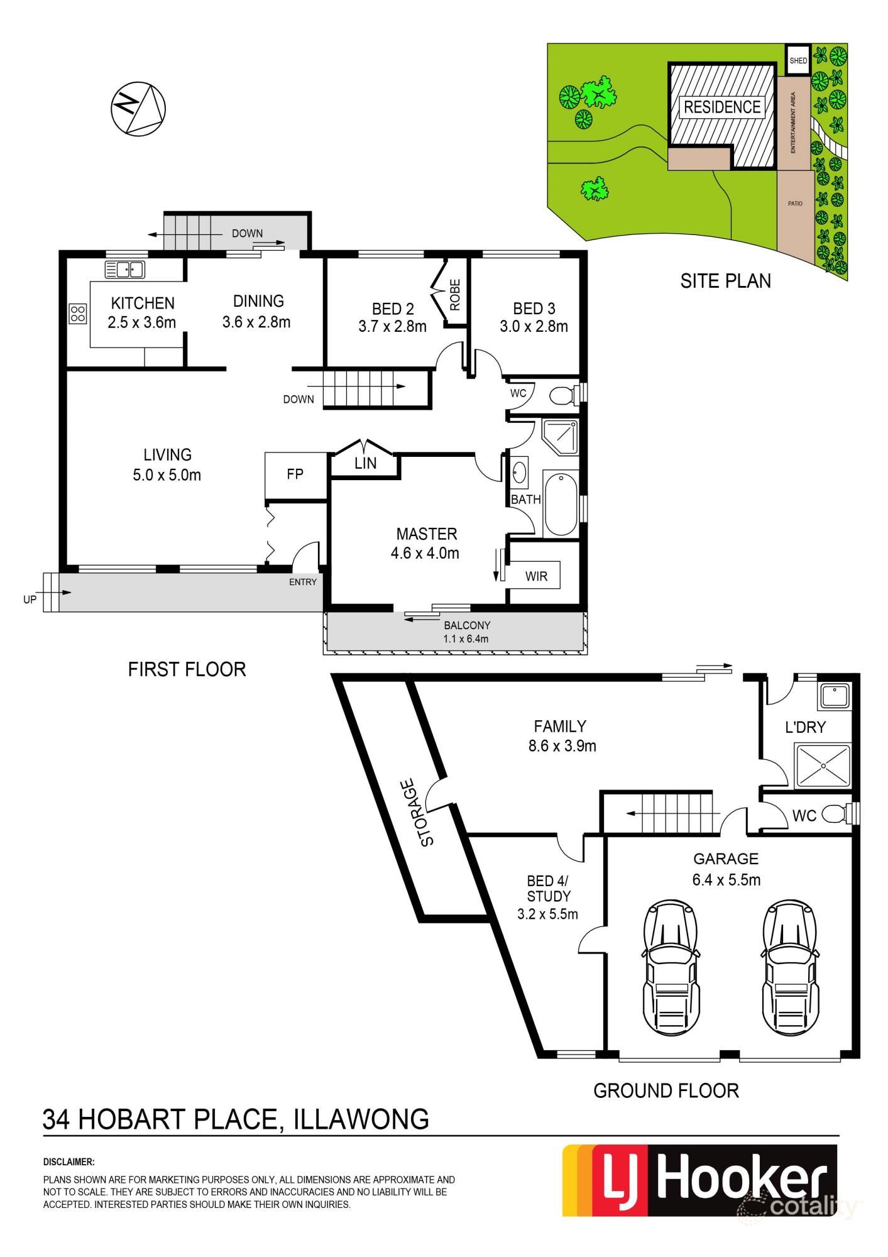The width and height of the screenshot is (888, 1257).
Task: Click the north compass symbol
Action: (138, 108)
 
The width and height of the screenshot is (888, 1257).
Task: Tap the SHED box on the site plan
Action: (798, 60)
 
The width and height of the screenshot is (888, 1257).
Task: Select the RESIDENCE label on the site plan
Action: (722, 107)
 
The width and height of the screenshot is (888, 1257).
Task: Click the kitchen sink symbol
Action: (125, 269)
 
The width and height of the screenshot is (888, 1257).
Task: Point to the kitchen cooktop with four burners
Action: (78, 313)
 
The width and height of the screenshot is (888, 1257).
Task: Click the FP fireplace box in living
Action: (295, 475)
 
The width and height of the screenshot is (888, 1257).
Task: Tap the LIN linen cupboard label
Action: (365, 463)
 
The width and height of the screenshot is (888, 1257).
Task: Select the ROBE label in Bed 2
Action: (456, 295)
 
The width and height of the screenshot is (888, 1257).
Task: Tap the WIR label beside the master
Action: (536, 576)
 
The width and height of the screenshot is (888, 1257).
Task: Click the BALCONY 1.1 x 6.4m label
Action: (466, 632)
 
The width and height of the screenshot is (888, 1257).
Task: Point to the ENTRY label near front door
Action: (303, 582)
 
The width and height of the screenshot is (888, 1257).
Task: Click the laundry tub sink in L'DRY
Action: (835, 696)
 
